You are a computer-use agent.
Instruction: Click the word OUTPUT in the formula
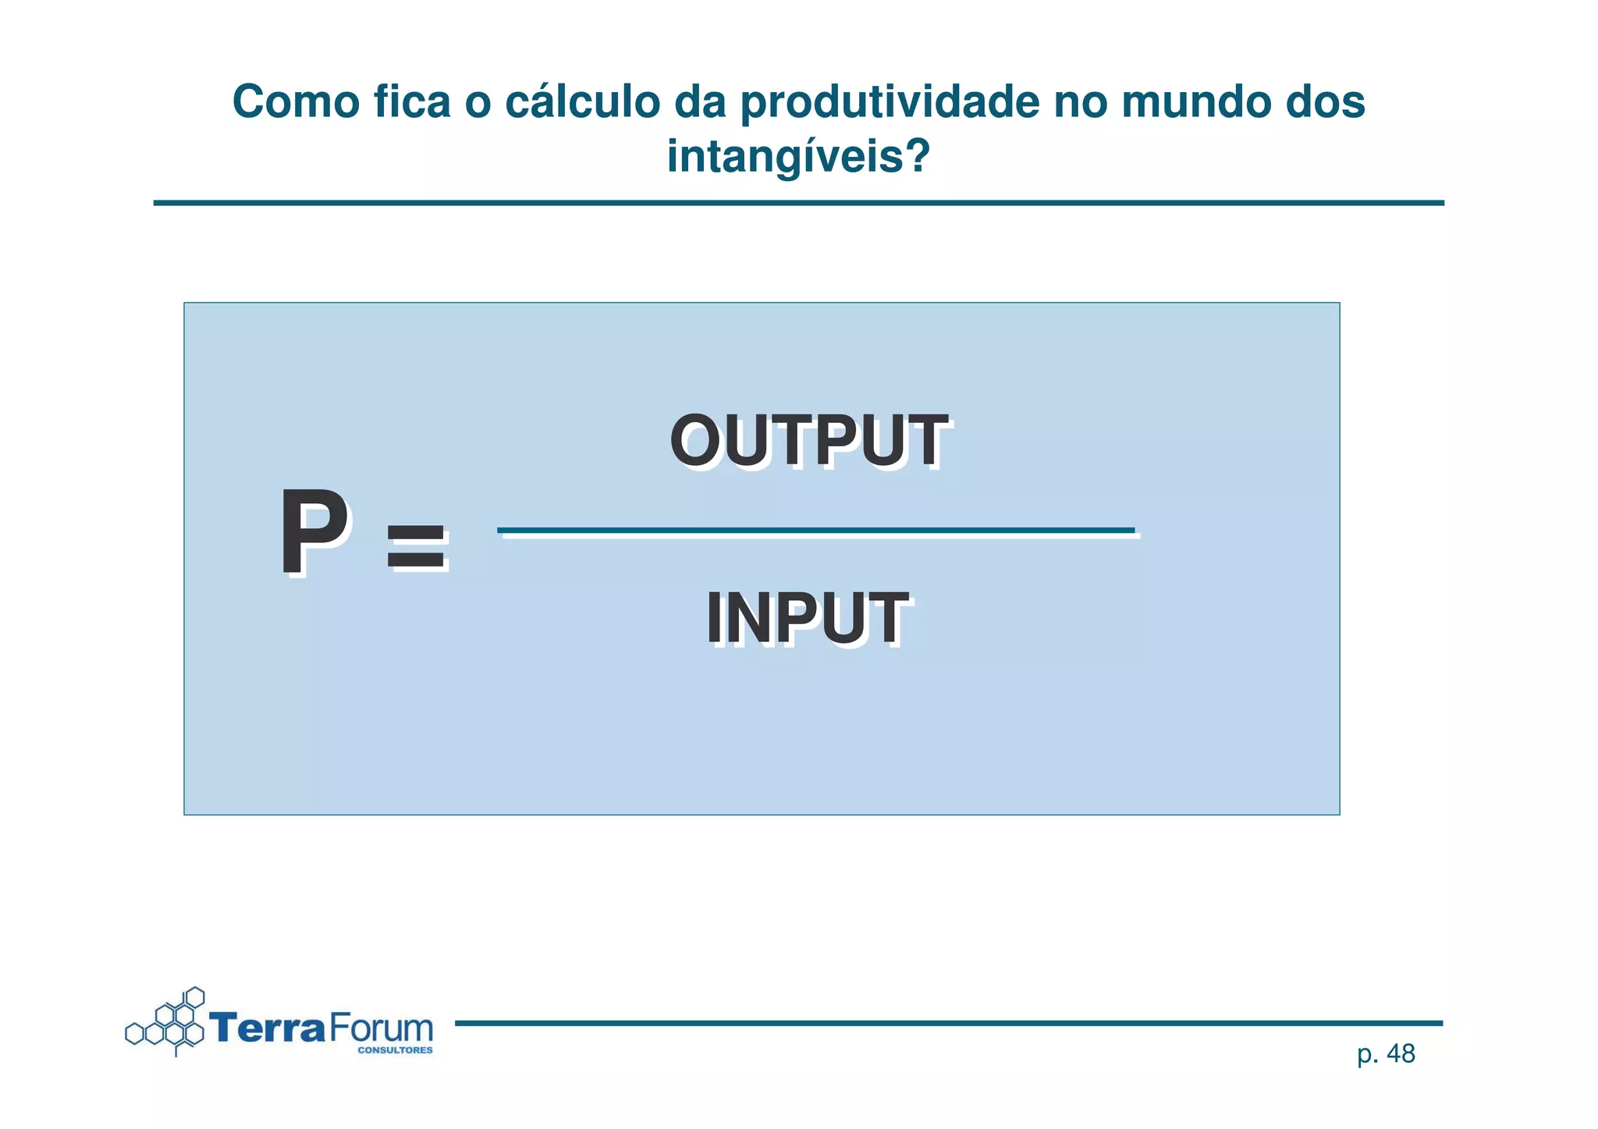click(808, 441)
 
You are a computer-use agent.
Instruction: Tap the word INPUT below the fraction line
click(807, 619)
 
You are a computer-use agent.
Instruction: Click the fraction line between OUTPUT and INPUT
click(815, 531)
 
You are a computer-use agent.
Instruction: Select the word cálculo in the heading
click(582, 102)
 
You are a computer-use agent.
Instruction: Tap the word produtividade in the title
click(890, 102)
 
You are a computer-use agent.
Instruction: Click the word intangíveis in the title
click(783, 156)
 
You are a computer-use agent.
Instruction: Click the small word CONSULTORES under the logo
click(395, 1050)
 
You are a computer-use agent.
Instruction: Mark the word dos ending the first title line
click(1326, 102)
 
